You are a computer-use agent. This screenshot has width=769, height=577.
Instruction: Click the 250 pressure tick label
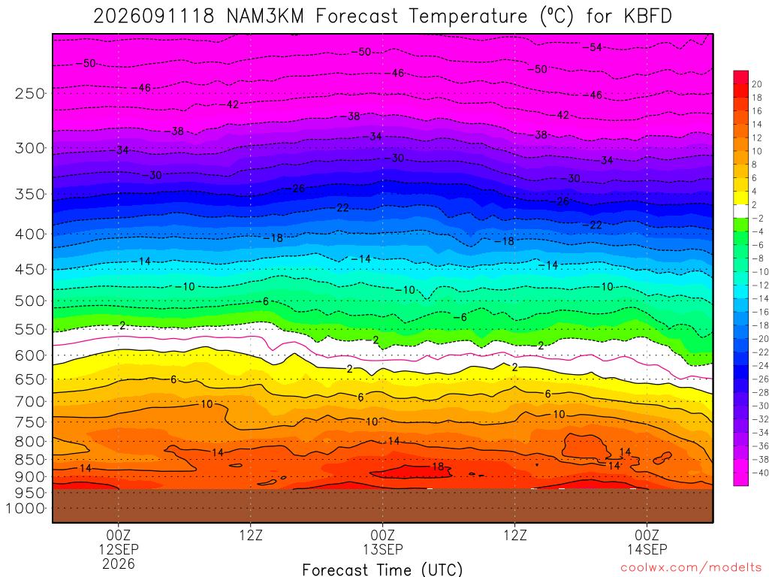[29, 93]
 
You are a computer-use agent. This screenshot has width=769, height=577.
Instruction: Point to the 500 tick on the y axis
[29, 301]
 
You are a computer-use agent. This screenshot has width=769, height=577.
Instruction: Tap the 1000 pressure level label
[25, 509]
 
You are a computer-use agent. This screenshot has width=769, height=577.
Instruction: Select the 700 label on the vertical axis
[29, 401]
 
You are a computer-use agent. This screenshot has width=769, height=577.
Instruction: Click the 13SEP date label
[382, 548]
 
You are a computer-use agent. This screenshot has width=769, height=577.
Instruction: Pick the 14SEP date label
[647, 548]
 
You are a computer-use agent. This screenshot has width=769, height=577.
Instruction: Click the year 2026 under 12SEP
[118, 563]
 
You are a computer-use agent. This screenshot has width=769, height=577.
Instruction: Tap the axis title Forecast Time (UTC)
[382, 569]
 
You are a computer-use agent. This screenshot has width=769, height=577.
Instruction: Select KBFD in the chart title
[647, 17]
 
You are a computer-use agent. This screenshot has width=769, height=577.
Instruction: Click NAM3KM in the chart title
[265, 17]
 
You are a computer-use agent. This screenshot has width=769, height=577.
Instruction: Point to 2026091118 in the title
[154, 17]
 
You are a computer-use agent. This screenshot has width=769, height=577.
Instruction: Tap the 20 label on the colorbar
[757, 84]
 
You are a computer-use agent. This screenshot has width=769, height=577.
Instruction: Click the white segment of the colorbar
[741, 211]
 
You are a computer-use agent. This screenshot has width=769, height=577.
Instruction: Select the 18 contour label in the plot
[438, 467]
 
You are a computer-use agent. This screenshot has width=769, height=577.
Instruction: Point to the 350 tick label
[29, 194]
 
